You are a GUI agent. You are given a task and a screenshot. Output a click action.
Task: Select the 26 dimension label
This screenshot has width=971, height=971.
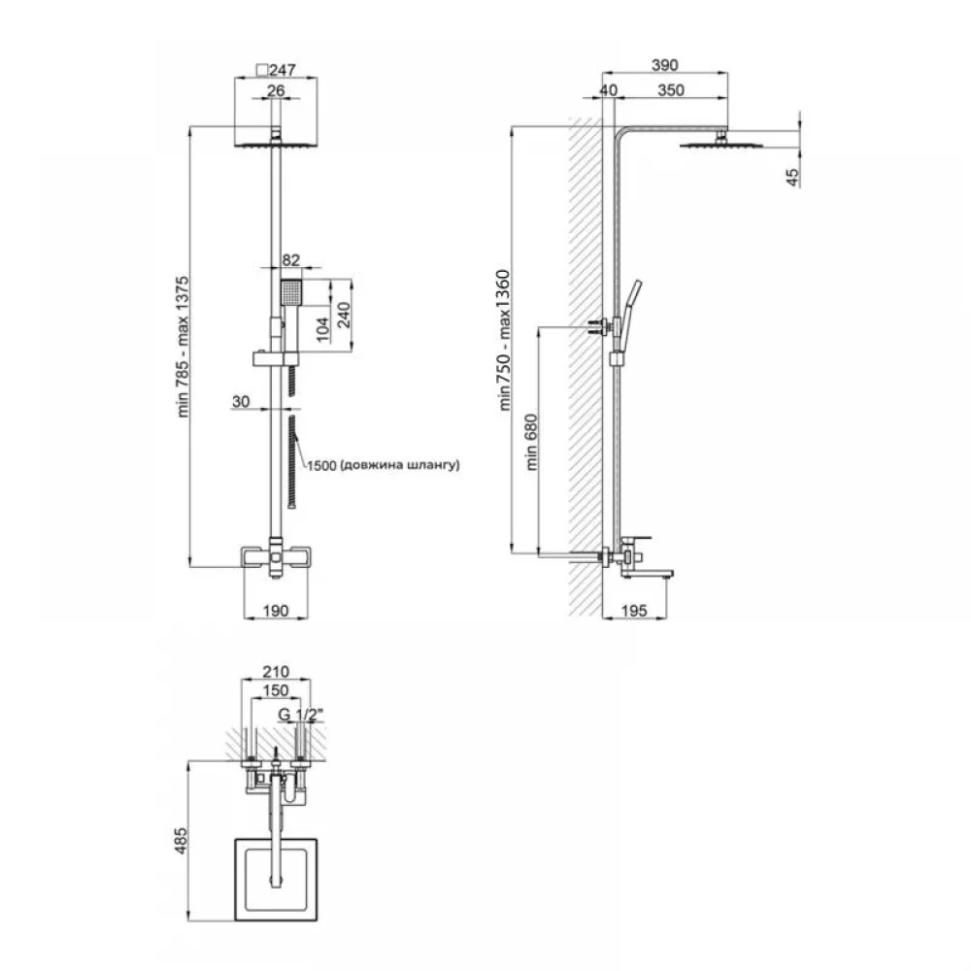coord(276,90)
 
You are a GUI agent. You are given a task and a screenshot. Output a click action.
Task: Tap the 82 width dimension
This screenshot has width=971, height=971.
coord(290,260)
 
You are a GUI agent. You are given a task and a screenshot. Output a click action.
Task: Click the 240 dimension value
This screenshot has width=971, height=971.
coord(344,316)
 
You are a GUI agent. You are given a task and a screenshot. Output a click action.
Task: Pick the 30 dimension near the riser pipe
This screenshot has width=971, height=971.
coord(240,402)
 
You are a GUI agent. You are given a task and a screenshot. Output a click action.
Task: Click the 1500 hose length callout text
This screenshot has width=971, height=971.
coord(384,464)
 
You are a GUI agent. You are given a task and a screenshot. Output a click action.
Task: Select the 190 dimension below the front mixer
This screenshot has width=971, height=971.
coord(276,611)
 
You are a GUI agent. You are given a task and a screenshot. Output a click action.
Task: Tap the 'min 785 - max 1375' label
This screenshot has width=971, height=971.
coord(183,347)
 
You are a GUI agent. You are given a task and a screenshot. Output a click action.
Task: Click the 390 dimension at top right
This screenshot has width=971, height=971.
coord(665,65)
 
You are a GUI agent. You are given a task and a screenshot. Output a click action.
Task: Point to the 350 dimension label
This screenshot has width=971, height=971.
coord(671,90)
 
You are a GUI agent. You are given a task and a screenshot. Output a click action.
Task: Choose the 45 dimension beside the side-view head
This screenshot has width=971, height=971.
coord(792,178)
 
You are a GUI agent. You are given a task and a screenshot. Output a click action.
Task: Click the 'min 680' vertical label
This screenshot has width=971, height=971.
coord(531,442)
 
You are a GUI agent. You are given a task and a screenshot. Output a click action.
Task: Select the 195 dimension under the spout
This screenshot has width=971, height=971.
coord(633,611)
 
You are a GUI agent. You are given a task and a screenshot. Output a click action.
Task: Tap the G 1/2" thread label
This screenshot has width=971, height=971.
coord(300,715)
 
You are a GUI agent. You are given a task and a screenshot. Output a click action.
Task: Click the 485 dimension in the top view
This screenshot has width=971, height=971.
coord(180,841)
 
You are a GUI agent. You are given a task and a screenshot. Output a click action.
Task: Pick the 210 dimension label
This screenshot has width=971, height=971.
coord(276,672)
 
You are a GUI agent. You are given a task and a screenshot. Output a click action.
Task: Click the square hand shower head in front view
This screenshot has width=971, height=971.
coord(290,292)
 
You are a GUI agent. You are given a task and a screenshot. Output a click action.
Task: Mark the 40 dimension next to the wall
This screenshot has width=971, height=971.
coord(608,90)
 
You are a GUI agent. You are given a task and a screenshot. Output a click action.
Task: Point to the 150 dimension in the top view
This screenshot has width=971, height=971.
coord(276,689)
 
